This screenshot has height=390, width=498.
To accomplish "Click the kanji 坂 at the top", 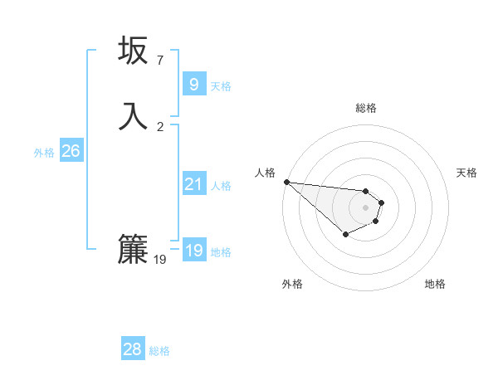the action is click(133, 51).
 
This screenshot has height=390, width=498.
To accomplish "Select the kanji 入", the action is click(133, 115).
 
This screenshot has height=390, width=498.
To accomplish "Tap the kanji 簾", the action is click(133, 248).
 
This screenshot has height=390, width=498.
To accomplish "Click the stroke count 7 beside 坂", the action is click(159, 61).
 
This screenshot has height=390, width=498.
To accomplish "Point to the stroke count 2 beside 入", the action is click(159, 126).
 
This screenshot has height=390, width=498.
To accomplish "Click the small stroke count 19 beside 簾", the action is click(160, 260).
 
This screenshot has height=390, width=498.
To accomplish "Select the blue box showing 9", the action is click(193, 85).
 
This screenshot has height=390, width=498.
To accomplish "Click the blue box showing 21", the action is click(193, 184).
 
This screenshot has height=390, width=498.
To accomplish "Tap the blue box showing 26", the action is click(71, 151).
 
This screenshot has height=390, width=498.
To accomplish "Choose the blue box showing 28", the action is click(132, 349).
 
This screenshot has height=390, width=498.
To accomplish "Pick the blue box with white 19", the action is click(193, 251).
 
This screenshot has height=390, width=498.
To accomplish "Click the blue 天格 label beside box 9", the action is click(221, 85).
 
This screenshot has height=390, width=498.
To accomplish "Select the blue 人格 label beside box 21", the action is click(221, 185).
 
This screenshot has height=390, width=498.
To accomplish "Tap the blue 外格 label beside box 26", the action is click(44, 152).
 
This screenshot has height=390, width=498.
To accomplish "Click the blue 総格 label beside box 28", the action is click(159, 351).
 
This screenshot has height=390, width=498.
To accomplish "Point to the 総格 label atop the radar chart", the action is click(365, 108).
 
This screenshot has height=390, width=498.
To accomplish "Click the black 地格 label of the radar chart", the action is click(435, 284).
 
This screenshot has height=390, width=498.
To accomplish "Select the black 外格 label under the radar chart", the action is click(292, 284).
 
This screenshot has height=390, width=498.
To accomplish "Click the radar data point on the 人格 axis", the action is click(286, 182).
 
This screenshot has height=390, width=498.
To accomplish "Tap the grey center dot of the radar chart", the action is click(365, 207).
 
